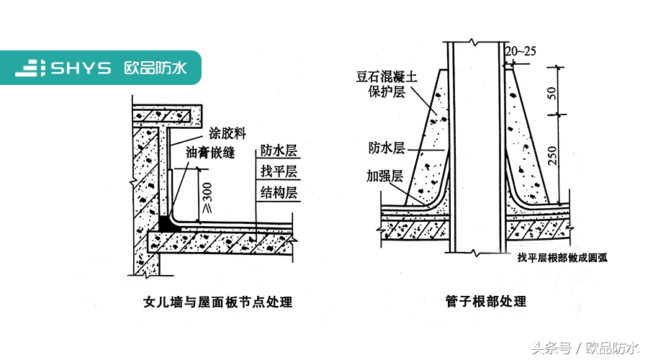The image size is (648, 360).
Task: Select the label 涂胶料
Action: tap(228, 133)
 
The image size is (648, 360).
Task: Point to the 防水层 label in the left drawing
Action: tap(279, 151)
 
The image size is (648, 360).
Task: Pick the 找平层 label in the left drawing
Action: tap(279, 171)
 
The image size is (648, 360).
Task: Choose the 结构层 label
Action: tap(279, 192)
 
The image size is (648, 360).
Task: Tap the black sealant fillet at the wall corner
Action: tap(166, 224)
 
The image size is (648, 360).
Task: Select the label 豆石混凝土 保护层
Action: tap(387, 83)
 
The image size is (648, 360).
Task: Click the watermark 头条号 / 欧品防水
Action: tap(585, 348)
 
